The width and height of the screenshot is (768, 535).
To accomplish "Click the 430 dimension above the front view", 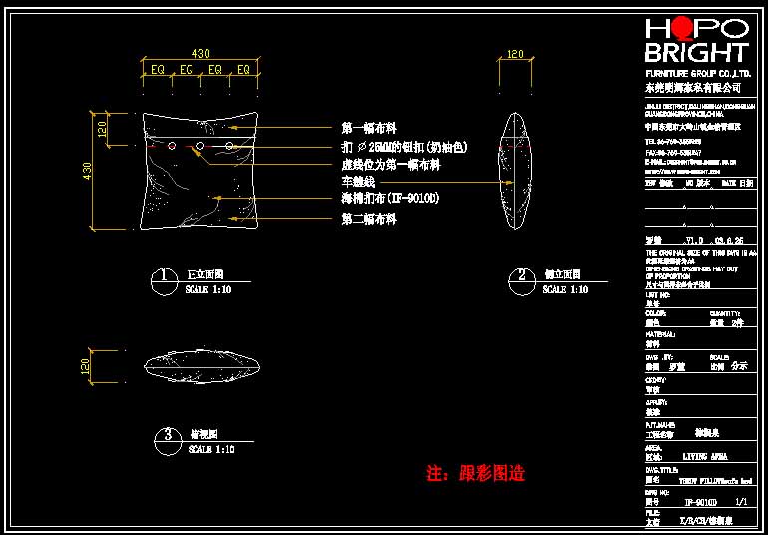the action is [x=201, y=53].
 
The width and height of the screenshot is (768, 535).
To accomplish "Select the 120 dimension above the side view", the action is [x=516, y=54].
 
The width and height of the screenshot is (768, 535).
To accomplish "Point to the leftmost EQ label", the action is [x=157, y=70].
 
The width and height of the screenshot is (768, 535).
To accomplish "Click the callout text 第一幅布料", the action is [x=369, y=128].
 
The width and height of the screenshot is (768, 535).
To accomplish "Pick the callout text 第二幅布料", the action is [x=369, y=218].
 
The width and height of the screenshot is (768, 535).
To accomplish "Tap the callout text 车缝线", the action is [x=358, y=182].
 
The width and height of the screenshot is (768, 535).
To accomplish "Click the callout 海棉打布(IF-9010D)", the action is [x=390, y=200].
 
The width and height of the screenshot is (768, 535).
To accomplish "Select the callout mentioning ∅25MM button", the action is [x=404, y=147].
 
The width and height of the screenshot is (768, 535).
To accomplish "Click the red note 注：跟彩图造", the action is [x=475, y=473].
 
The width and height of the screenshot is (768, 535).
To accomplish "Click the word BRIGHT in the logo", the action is [x=696, y=53].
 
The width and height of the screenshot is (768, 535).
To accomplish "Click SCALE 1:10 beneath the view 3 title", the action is [x=209, y=450].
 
